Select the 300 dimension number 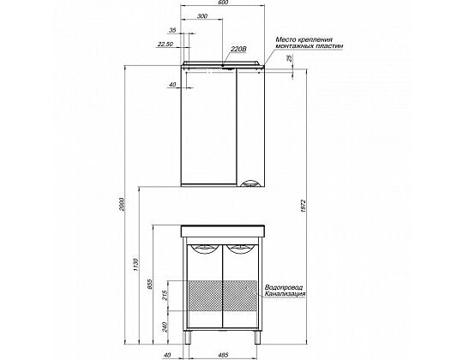pos(202,16)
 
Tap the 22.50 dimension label pos(165,45)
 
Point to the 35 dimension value pos(172,30)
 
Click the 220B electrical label pos(238,49)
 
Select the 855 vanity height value pos(150,285)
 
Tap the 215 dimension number pos(165,295)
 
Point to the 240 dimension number pos(165,327)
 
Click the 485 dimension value pos(224,355)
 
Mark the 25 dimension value pos(290,57)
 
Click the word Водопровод pos(284,287)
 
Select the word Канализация pos(285,294)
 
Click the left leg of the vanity pos(188,337)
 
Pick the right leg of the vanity pos(258,337)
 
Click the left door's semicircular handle pos(205,250)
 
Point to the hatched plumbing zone pos(222,296)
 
